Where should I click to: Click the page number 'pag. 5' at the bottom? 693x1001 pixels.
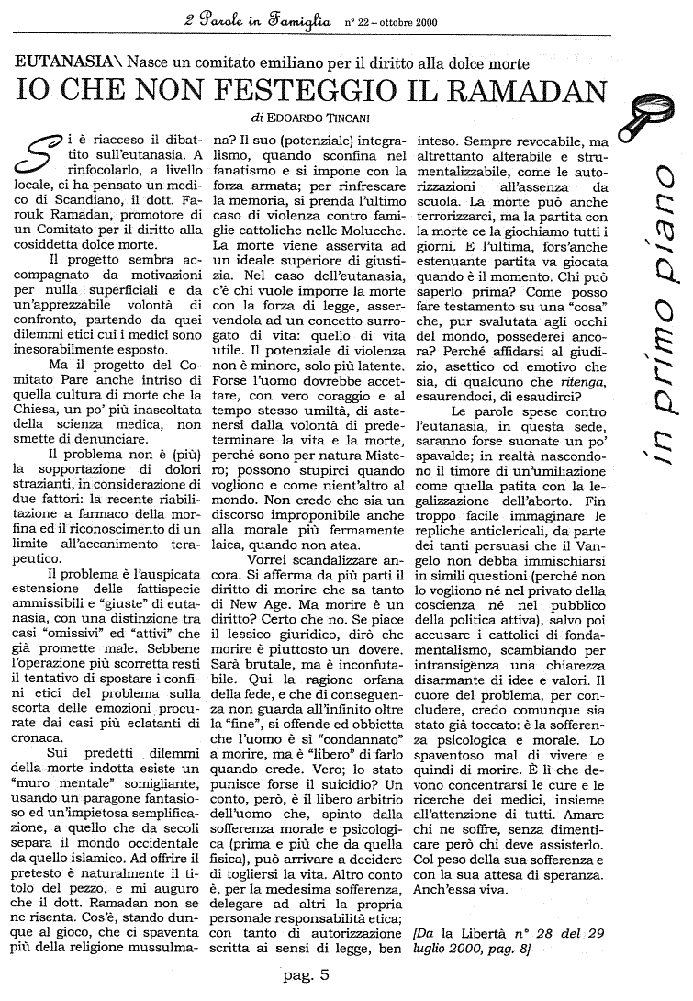tap(307, 973)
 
